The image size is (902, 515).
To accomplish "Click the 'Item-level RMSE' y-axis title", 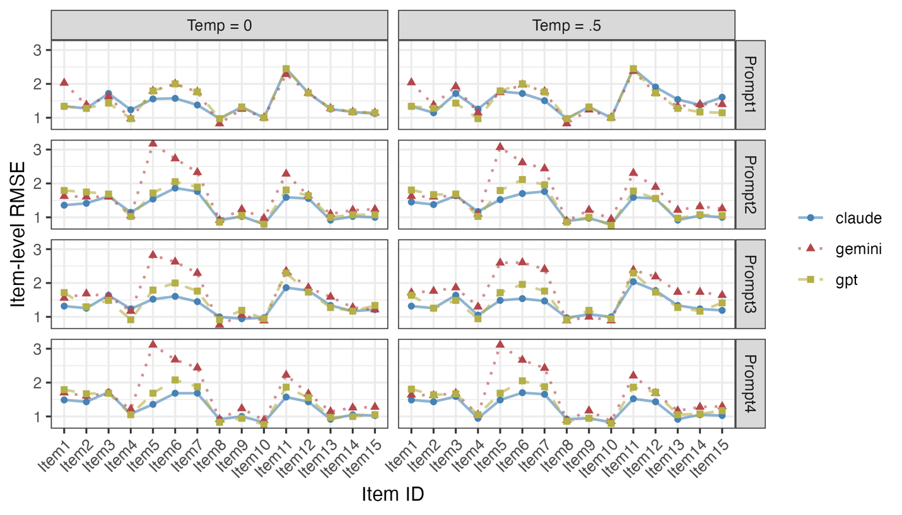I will pos(20,234).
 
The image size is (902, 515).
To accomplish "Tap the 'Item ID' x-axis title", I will pos(392,495).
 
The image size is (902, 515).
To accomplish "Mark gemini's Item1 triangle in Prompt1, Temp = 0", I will pos(64,82).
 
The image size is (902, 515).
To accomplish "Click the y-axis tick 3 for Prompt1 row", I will pos(38,50).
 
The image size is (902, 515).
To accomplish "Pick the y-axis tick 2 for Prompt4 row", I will pos(38,383).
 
